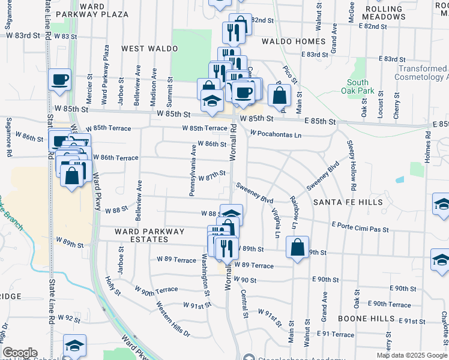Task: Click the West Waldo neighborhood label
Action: click(149, 48)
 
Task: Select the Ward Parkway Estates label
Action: click(142, 235)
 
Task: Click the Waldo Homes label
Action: click(294, 41)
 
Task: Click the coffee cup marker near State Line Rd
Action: click(60, 80)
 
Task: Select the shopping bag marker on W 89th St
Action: click(298, 247)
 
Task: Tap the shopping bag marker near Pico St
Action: click(279, 95)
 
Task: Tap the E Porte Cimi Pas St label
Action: click(360, 229)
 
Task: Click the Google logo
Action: click(20, 353)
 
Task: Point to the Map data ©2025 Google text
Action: click(412, 355)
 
